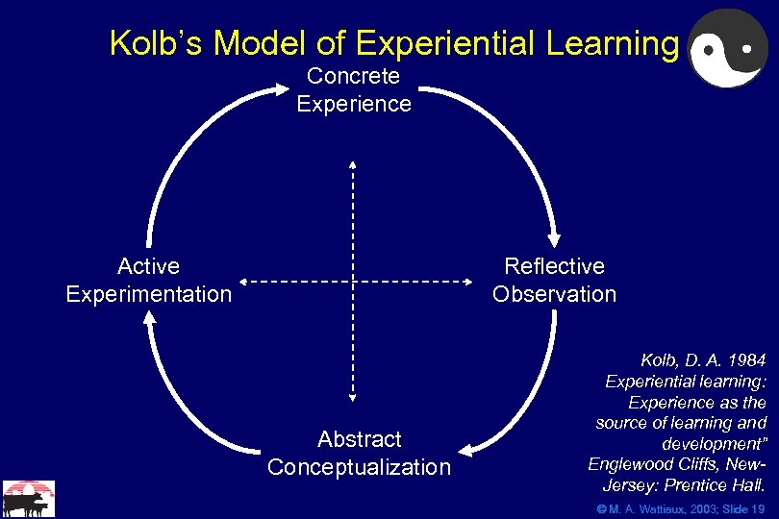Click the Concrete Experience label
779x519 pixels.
(353, 89)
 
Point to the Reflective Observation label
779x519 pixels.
(554, 280)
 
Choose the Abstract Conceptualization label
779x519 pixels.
(359, 453)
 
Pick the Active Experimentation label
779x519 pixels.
(148, 280)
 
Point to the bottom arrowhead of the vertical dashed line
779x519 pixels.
(352, 394)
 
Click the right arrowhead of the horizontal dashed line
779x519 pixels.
(471, 281)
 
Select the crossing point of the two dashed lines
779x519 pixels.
(352, 281)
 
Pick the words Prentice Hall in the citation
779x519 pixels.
(717, 483)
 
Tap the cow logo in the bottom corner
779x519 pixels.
(28, 499)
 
